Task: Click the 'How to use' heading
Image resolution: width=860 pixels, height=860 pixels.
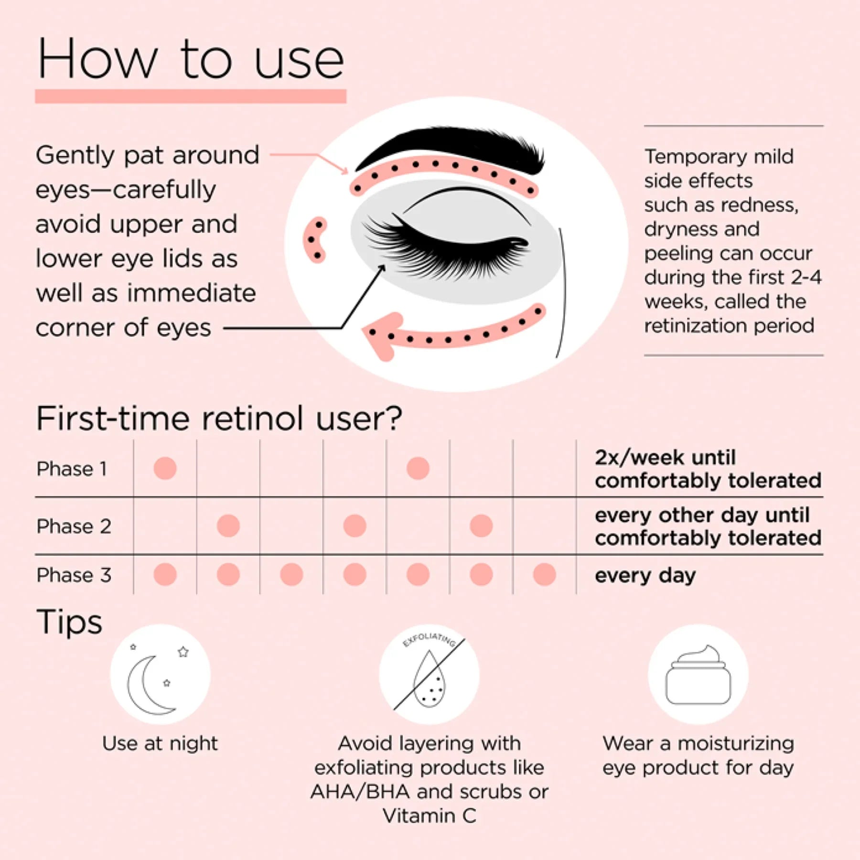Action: [x=191, y=59]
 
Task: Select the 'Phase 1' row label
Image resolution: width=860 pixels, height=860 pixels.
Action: [x=72, y=469]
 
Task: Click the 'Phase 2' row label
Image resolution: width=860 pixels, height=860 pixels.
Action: [x=74, y=526]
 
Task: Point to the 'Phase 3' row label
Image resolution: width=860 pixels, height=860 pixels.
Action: [x=74, y=575]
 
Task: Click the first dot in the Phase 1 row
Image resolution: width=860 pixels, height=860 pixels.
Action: [x=165, y=468]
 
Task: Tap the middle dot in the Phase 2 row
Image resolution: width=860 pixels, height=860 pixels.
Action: [x=355, y=526]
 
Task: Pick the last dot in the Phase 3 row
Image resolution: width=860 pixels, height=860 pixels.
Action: [x=544, y=574]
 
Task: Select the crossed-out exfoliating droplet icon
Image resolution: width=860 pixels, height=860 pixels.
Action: [x=429, y=675]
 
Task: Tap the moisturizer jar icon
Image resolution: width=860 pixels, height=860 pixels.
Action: [x=698, y=675]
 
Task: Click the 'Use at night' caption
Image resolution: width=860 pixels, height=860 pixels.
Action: [x=160, y=743]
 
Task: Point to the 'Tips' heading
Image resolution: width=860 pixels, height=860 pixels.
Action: [x=69, y=622]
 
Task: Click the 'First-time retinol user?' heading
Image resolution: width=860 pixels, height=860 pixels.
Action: [x=219, y=419]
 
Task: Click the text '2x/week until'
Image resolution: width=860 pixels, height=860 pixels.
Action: [x=665, y=458]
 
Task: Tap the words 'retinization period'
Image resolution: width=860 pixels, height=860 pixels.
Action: [x=729, y=326]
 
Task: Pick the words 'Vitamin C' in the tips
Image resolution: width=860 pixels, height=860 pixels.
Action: [x=429, y=816]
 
